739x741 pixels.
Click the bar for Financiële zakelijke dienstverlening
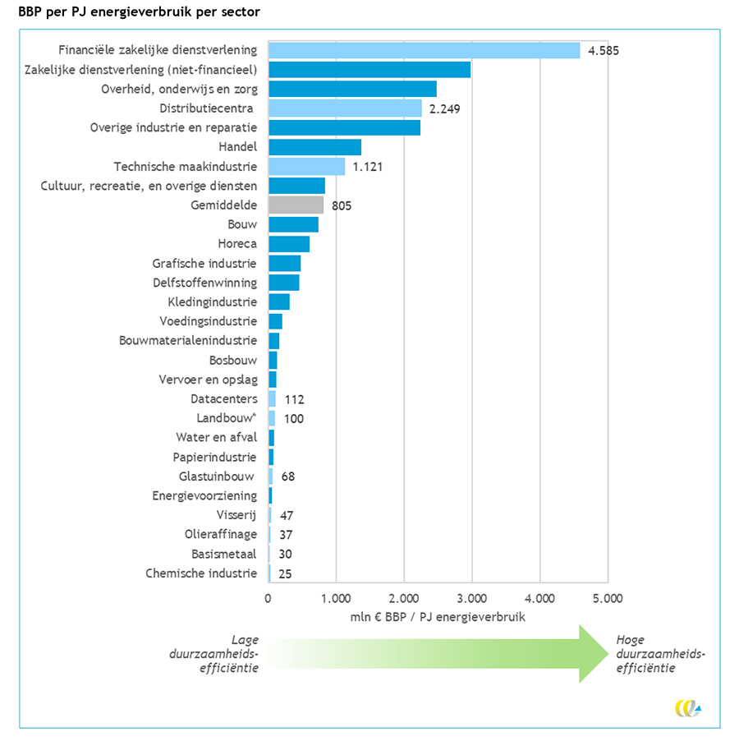click(424, 50)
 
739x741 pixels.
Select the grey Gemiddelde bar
click(296, 205)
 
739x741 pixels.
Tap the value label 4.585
click(603, 50)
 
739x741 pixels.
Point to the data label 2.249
click(446, 108)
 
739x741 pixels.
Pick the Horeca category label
click(237, 244)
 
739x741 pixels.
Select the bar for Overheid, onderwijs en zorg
click(352, 89)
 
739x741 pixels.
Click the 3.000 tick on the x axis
click(471, 599)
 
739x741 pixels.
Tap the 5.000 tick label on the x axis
click(607, 599)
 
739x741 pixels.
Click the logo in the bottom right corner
click(687, 708)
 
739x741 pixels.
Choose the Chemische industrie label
click(201, 573)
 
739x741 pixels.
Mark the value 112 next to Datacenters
click(294, 399)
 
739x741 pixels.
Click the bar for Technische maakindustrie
click(306, 167)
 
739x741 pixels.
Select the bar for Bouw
click(293, 224)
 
